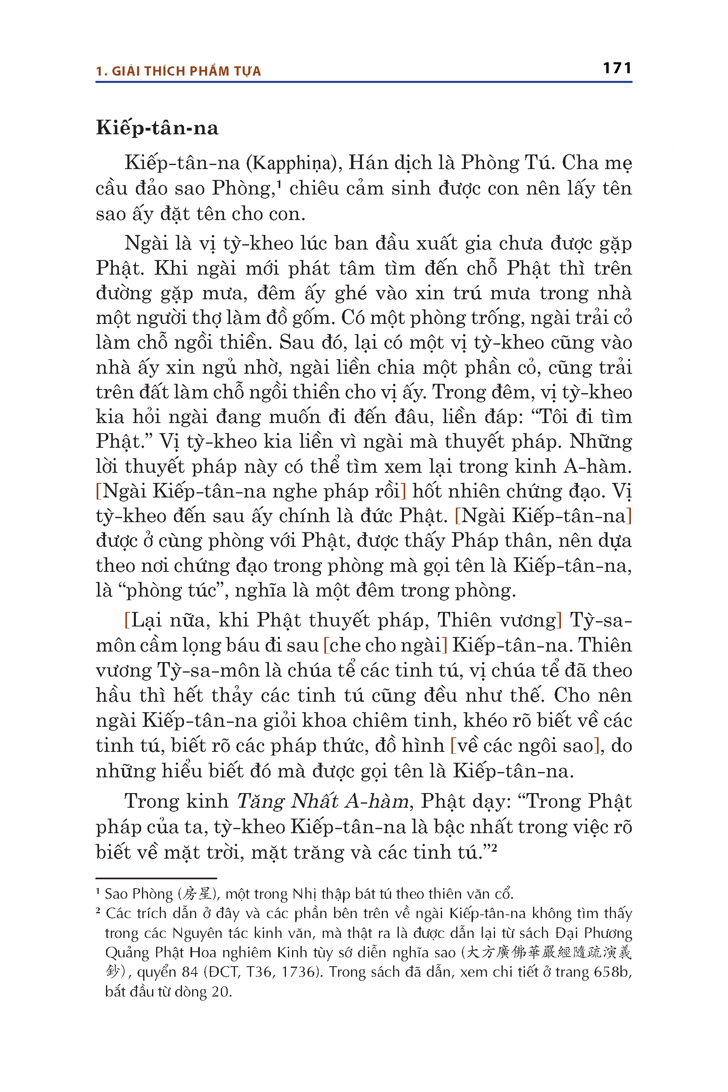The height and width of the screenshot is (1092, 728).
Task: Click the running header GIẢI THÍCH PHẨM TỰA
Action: [186, 72]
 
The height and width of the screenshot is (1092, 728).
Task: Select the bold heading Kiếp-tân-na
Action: [157, 128]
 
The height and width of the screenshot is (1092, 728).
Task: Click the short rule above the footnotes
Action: [156, 878]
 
